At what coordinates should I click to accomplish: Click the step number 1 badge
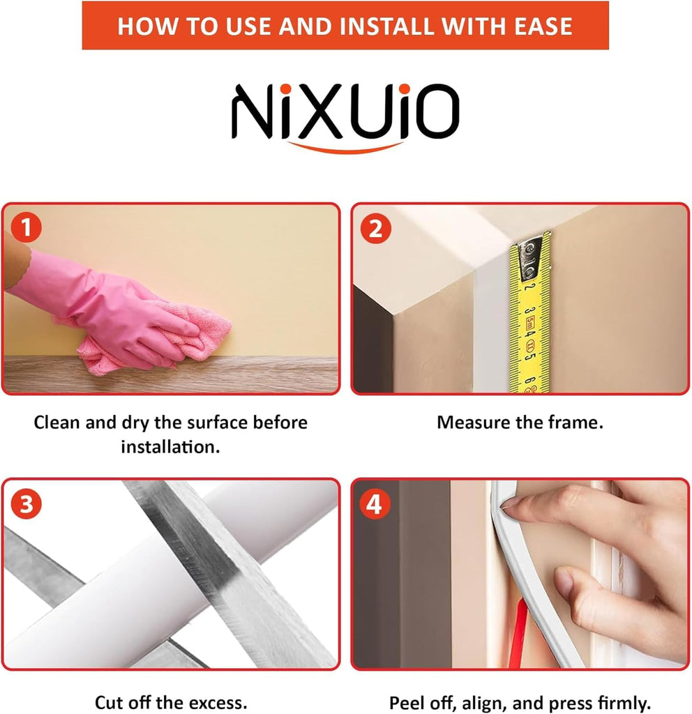pyautogui.click(x=26, y=227)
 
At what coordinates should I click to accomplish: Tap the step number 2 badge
pyautogui.click(x=375, y=228)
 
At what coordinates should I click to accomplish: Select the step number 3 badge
pyautogui.click(x=26, y=504)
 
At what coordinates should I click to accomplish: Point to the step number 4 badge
pyautogui.click(x=375, y=504)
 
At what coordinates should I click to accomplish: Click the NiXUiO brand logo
pyautogui.click(x=345, y=117)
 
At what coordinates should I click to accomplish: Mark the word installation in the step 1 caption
pyautogui.click(x=170, y=447)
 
